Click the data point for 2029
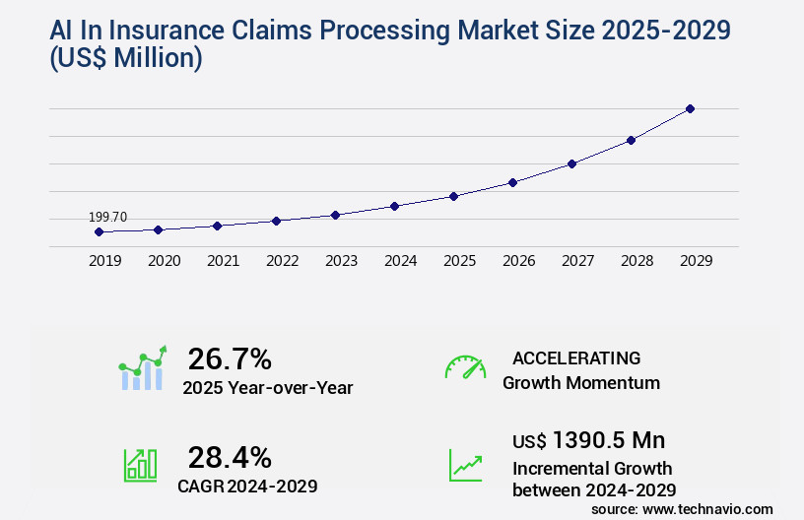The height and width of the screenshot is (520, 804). click(x=690, y=108)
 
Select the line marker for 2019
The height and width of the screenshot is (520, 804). click(x=99, y=231)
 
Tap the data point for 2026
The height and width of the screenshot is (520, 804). click(x=512, y=182)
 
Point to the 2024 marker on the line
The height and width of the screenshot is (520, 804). click(x=394, y=206)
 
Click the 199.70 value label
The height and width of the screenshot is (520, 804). click(x=107, y=217)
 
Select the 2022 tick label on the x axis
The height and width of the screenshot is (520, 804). click(x=282, y=261)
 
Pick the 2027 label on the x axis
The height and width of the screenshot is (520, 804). click(x=577, y=261)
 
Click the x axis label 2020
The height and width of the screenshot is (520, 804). click(x=164, y=261)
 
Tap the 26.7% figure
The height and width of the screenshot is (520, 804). click(x=230, y=358)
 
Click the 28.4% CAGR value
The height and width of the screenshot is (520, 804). click(x=230, y=457)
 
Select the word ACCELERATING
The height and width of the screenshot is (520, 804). click(x=576, y=357)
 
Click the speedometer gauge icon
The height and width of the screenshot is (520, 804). click(x=465, y=367)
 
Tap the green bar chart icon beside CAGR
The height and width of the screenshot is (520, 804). click(x=140, y=464)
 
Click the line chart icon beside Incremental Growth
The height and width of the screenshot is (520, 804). click(x=465, y=465)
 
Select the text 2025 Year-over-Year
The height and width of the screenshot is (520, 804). click(x=267, y=388)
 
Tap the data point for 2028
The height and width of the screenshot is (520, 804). click(x=631, y=140)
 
